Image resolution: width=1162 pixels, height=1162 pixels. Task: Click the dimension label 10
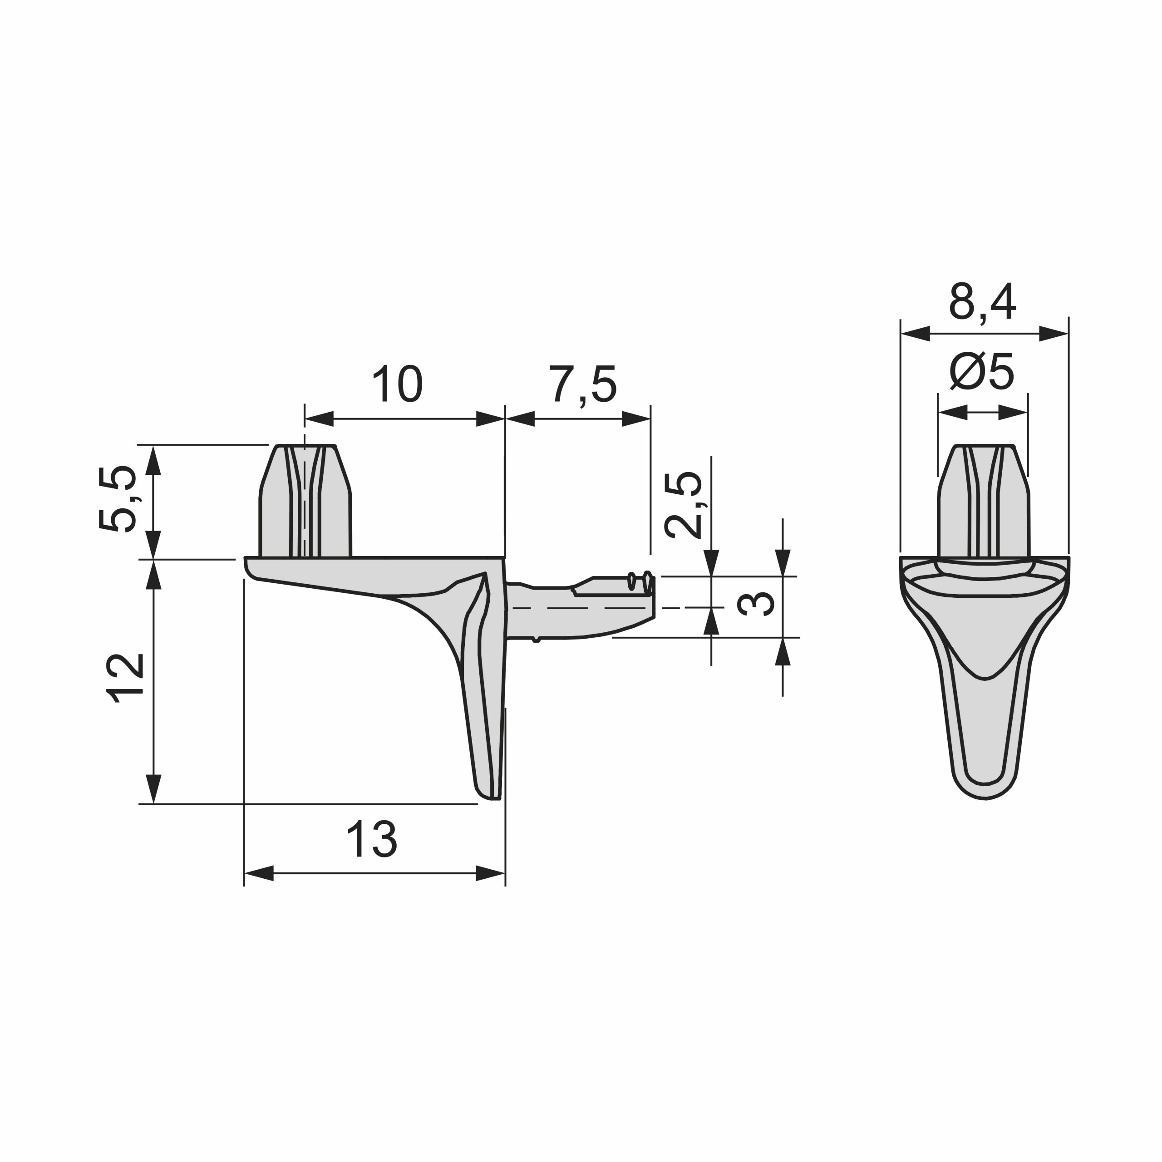coord(398,384)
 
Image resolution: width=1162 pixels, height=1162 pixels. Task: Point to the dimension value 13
coord(372,839)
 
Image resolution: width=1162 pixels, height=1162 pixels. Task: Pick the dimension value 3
coord(757,605)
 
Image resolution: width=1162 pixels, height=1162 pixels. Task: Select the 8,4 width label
coord(983,303)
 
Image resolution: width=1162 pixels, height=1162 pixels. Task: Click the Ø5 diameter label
coord(981,372)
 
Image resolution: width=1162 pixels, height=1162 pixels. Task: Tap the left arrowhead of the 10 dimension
coord(319,419)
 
